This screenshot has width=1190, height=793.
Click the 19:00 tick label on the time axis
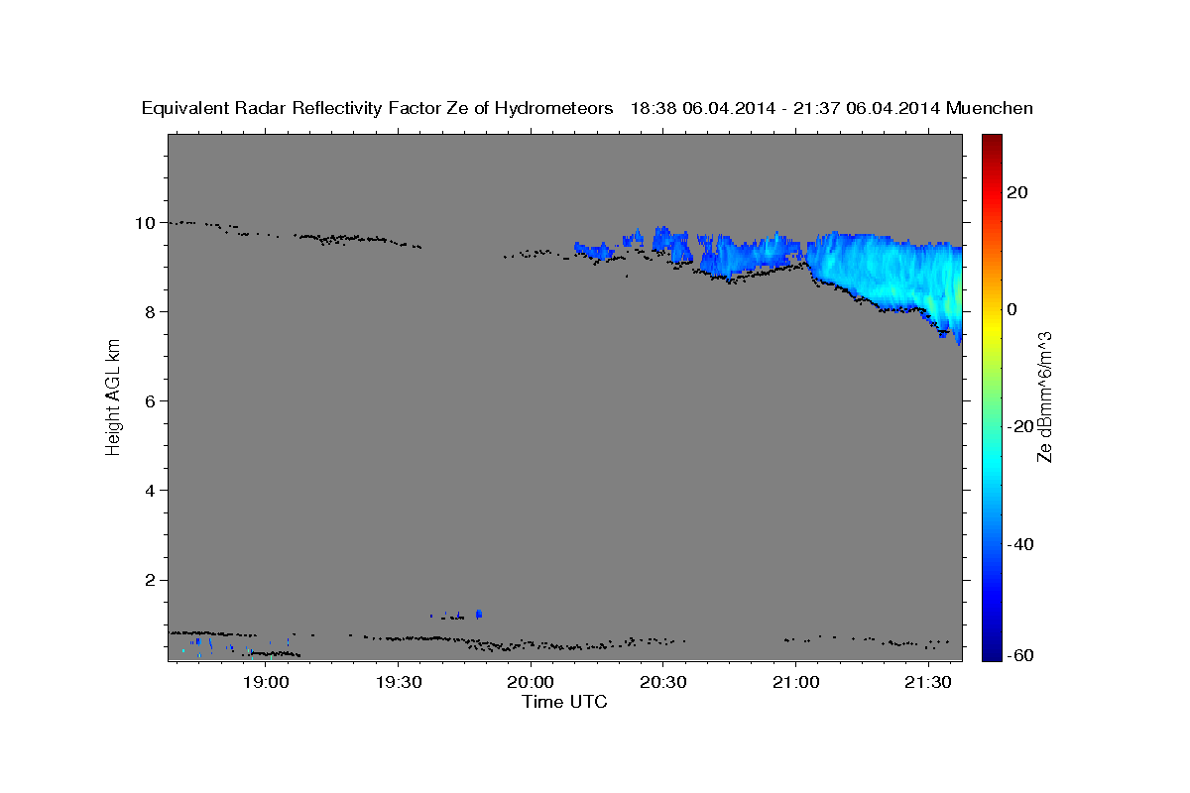(266, 682)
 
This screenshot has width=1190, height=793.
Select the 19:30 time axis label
(399, 682)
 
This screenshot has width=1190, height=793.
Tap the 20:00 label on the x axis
(531, 682)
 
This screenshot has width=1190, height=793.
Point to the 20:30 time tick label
(663, 682)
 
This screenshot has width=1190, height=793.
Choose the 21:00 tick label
(795, 682)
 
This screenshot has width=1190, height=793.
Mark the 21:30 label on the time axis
(928, 682)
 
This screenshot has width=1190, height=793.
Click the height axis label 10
(145, 223)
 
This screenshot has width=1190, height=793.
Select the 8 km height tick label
(151, 312)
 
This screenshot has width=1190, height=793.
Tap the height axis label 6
(151, 401)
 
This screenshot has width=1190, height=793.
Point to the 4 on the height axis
(151, 491)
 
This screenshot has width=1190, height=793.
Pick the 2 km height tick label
(151, 580)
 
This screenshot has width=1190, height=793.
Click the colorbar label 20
(1017, 192)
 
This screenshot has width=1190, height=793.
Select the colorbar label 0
(1012, 309)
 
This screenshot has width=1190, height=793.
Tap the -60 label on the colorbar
(1020, 655)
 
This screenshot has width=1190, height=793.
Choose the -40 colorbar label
(1020, 544)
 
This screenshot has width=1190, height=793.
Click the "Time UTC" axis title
(564, 702)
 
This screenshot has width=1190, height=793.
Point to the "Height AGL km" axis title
(113, 397)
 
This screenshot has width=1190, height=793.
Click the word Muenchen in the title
(990, 108)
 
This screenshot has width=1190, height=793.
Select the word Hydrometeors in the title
(553, 108)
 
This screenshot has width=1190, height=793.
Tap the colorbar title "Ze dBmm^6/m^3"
(1044, 397)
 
